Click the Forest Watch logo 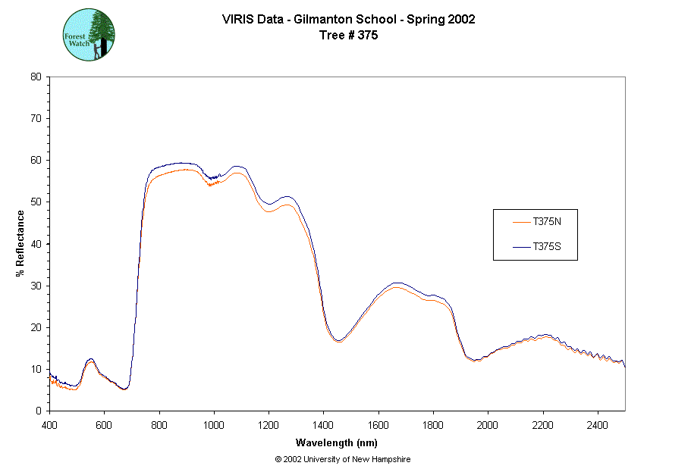(88, 35)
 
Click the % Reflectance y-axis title (20, 243)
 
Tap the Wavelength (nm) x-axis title (338, 443)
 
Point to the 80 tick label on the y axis (36, 77)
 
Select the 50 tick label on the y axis (36, 202)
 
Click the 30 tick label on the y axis (36, 286)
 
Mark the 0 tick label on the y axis (39, 411)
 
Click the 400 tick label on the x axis (49, 424)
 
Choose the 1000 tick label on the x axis (214, 424)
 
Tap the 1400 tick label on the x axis (324, 424)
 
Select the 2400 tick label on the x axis (598, 424)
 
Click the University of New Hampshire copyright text (343, 459)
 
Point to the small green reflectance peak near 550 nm (90, 360)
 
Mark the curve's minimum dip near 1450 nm (338, 341)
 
